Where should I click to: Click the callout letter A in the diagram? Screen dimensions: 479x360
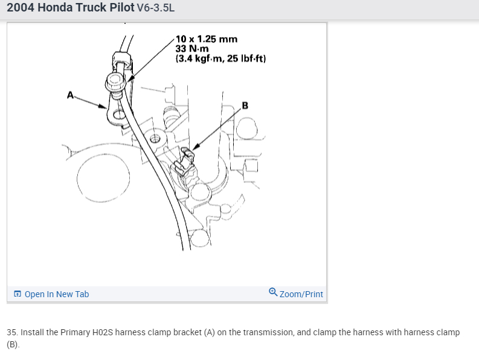click(71, 94)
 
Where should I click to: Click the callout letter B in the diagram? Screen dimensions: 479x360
click(245, 106)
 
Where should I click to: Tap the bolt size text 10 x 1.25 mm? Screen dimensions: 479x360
click(206, 39)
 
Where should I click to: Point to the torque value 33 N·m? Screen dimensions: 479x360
click(192, 49)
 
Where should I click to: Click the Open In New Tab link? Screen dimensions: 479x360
click(56, 294)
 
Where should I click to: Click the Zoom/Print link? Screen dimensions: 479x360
click(301, 294)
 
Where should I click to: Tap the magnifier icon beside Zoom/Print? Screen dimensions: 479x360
click(273, 292)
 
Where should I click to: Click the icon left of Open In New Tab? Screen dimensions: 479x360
click(18, 294)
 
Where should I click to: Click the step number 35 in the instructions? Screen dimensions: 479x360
click(11, 332)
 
